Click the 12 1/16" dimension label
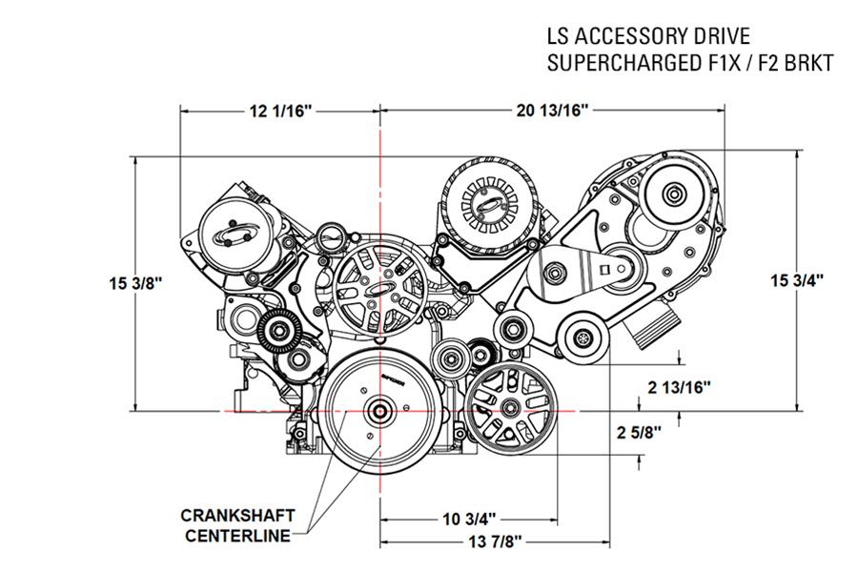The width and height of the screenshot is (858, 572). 281,112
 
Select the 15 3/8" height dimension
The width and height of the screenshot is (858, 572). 136,283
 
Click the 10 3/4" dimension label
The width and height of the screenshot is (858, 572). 469,520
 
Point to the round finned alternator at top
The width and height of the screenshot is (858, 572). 490,203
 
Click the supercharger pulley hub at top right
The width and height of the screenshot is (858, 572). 674,195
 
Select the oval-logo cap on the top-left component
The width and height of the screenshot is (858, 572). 235,235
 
